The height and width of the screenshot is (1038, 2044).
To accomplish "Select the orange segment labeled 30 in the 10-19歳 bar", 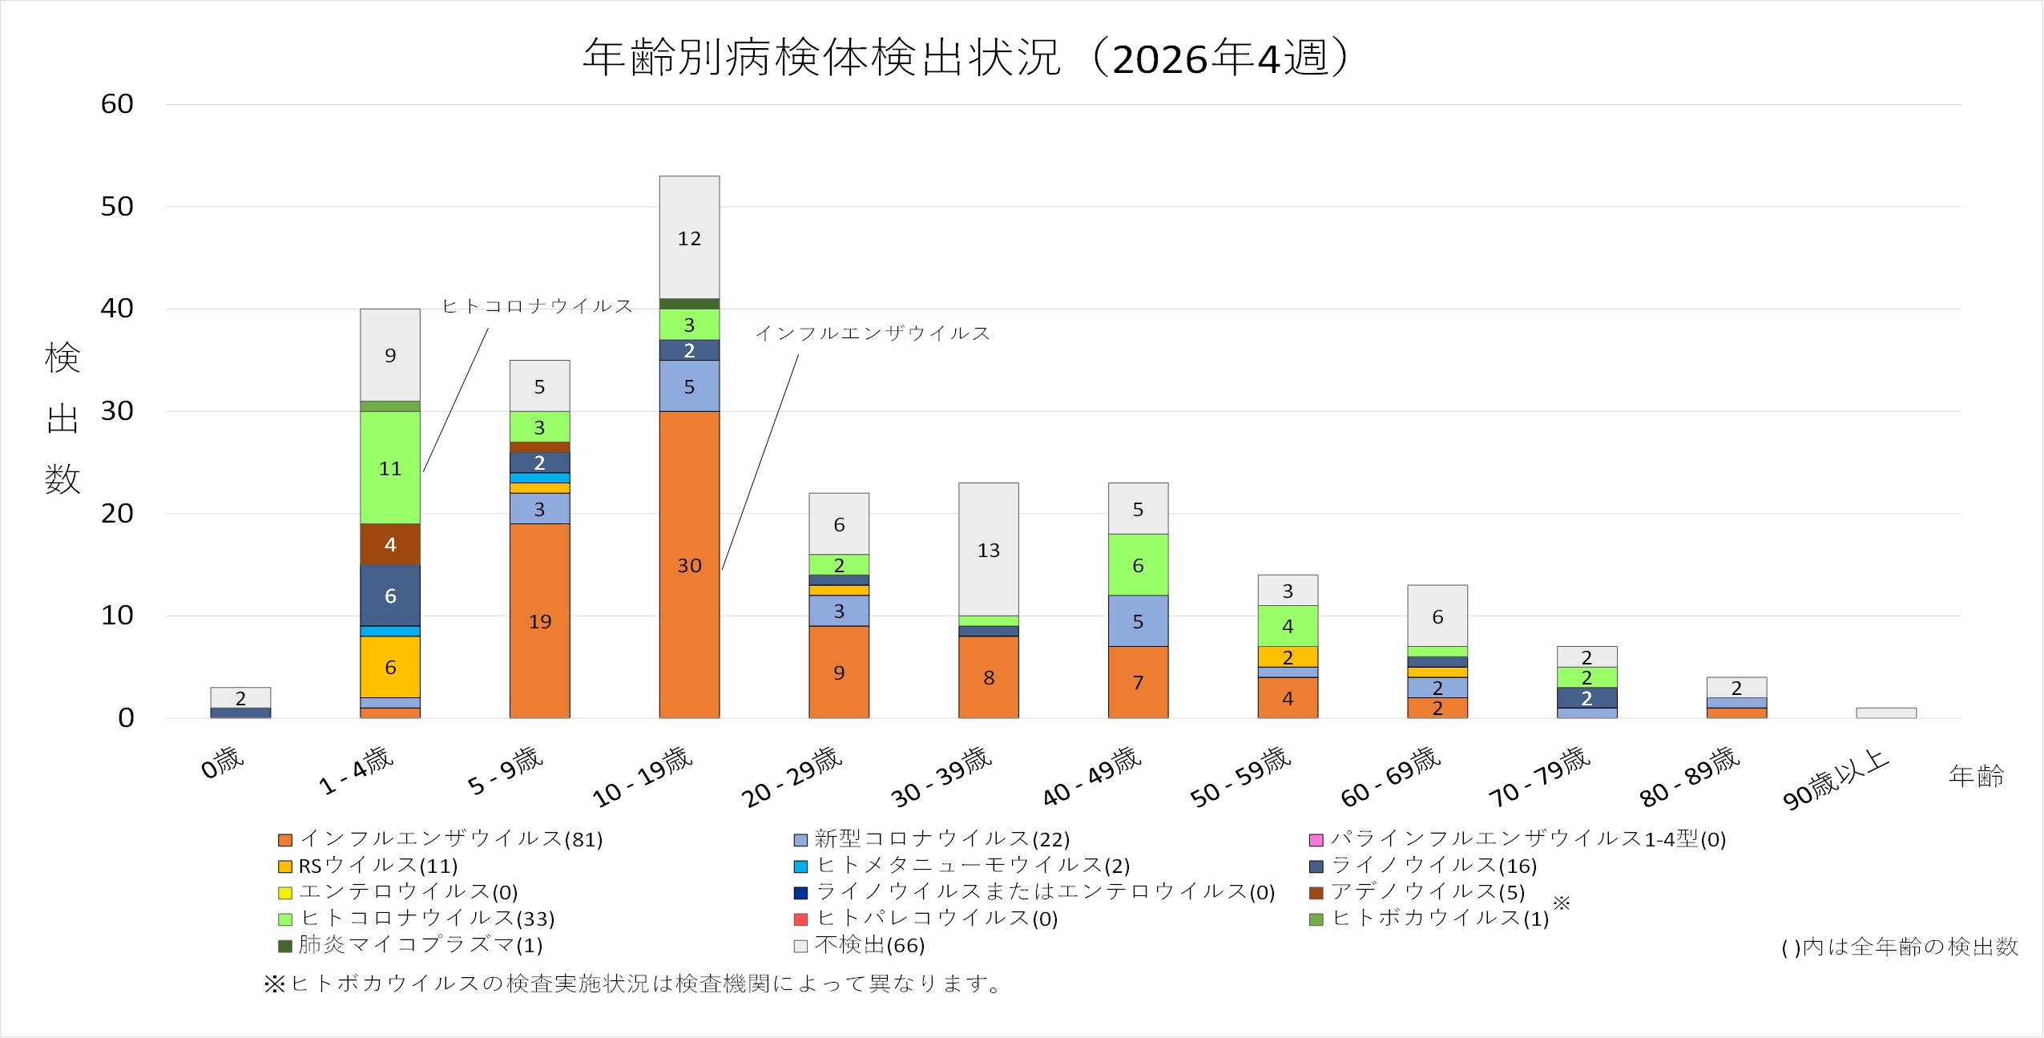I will (689, 564).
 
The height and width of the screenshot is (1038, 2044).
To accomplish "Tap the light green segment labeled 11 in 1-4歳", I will (390, 467).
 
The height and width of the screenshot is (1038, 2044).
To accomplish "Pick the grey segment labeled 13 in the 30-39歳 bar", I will (988, 549).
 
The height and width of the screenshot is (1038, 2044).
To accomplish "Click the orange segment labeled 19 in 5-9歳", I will (539, 620).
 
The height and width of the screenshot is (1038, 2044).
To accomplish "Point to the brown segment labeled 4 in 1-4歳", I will (390, 544).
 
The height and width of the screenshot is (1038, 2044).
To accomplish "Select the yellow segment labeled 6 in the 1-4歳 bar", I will (390, 666).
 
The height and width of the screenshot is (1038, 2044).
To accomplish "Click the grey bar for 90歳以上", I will (1886, 713).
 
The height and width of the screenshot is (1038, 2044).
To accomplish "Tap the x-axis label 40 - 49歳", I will (1092, 775).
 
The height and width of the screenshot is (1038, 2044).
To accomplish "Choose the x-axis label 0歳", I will (222, 762).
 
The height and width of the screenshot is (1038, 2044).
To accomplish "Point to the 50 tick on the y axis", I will (117, 207).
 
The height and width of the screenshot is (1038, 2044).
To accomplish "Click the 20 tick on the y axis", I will (117, 514).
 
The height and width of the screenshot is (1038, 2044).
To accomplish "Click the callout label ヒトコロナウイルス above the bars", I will (538, 306).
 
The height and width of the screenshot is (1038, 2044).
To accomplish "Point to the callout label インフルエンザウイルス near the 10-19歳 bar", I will (873, 333).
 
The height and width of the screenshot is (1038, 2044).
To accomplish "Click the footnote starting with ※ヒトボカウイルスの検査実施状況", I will (633, 983).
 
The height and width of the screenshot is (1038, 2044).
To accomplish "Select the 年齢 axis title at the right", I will (1976, 775).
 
